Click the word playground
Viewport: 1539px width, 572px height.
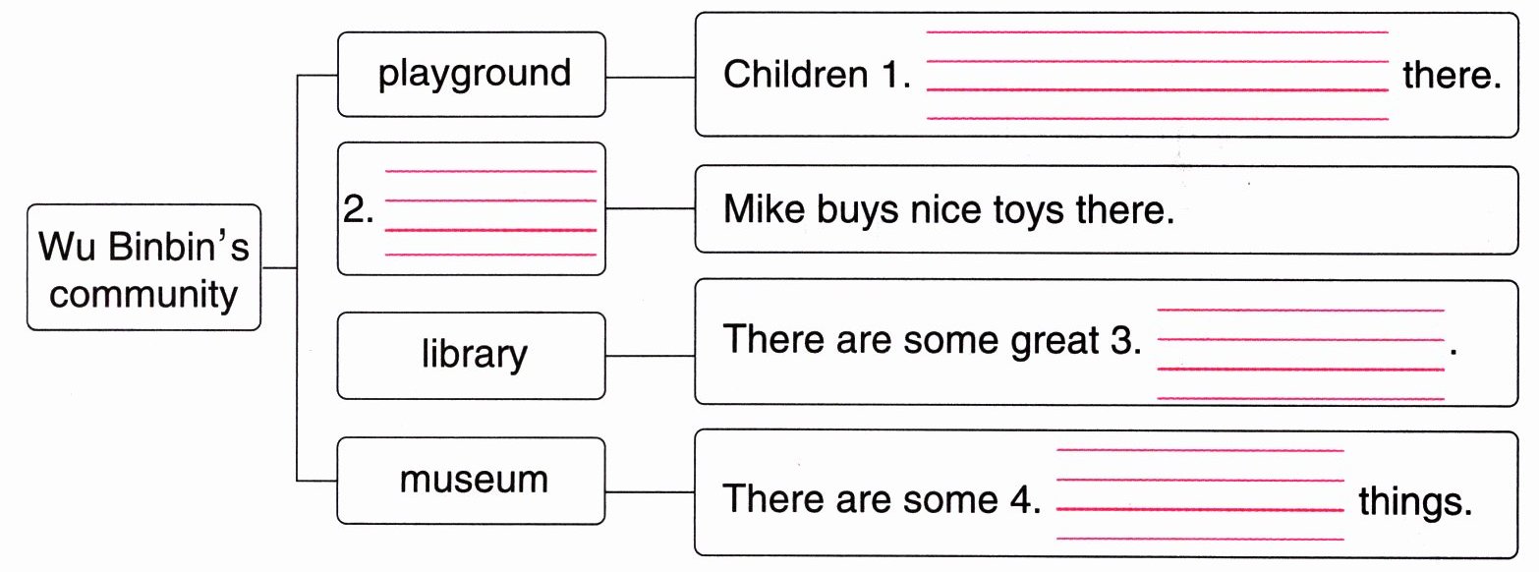[x=474, y=75]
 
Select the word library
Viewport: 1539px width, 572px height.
[x=474, y=355]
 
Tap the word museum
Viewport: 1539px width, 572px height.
[x=474, y=480]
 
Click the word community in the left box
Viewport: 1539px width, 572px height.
[x=143, y=295]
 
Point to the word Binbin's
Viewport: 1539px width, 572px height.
[x=179, y=247]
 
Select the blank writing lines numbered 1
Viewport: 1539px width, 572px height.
[x=1157, y=76]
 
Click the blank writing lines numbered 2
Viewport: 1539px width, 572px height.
[x=490, y=213]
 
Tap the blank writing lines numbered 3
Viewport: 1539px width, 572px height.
[x=1300, y=354]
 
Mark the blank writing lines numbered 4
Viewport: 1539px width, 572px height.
[x=1199, y=494]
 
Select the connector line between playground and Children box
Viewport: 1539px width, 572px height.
[x=650, y=76]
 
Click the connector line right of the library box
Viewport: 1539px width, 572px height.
[x=650, y=355]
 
